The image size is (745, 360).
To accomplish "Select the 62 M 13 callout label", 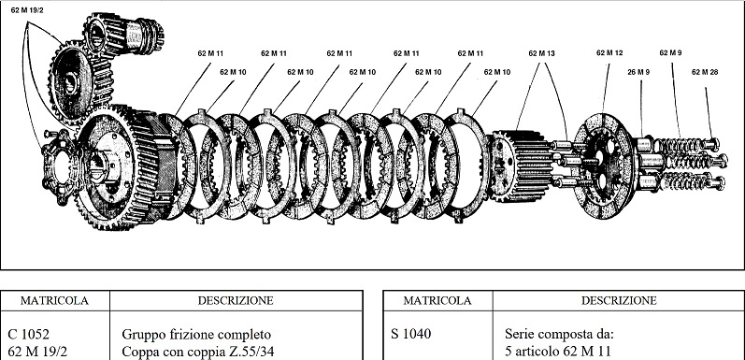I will pos(541,53).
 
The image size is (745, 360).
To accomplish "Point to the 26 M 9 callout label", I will pos(638,72).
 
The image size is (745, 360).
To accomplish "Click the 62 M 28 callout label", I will pos(706,72).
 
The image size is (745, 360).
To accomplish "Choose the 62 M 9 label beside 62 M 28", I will pos(672,53).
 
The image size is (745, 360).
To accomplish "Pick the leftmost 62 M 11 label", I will pos(210,53).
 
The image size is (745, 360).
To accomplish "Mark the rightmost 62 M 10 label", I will pos(497,72).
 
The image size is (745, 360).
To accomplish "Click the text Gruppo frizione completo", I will pos(196,334).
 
